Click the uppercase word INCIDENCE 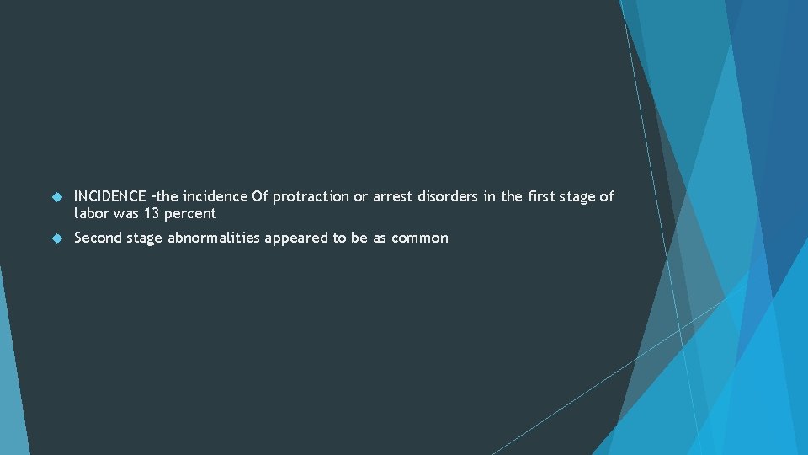[x=110, y=196]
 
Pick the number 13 [x=151, y=214]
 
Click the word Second [x=98, y=238]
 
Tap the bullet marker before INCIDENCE [x=56, y=197]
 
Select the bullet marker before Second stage [x=56, y=238]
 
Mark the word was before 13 [x=127, y=214]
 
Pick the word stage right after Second [x=145, y=238]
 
